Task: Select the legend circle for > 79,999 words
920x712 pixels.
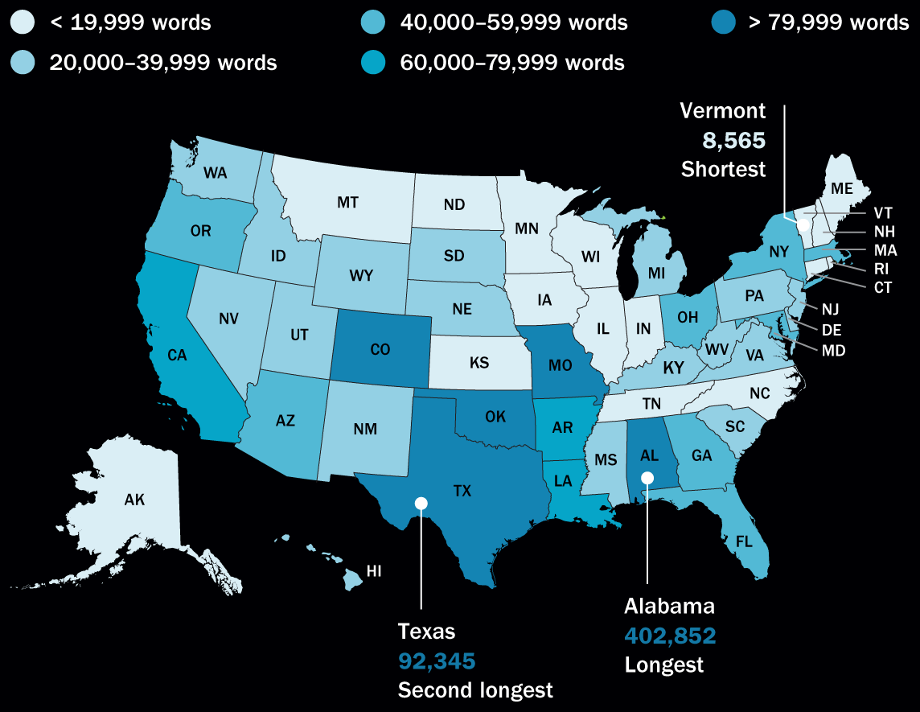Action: [x=724, y=23]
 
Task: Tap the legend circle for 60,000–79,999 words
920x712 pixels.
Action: [x=375, y=62]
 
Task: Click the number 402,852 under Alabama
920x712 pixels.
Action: [x=670, y=636]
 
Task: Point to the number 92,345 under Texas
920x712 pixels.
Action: [x=437, y=661]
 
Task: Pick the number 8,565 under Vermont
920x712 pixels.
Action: [x=733, y=141]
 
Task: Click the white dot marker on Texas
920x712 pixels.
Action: [x=421, y=504]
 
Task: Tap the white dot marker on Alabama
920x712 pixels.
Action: [x=647, y=478]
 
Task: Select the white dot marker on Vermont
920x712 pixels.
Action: [x=802, y=224]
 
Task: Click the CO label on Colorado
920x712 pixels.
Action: [x=380, y=350]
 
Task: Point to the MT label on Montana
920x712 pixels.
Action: [x=347, y=203]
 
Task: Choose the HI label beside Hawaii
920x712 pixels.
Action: [x=374, y=571]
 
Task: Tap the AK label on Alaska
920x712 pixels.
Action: [x=134, y=500]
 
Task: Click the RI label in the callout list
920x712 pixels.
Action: [x=882, y=270]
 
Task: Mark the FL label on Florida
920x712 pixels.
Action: [x=745, y=541]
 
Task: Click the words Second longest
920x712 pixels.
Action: [x=475, y=689]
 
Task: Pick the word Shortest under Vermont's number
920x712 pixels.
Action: [x=723, y=169]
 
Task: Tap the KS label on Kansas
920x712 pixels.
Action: [x=479, y=363]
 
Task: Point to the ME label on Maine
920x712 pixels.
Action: [x=842, y=189]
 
